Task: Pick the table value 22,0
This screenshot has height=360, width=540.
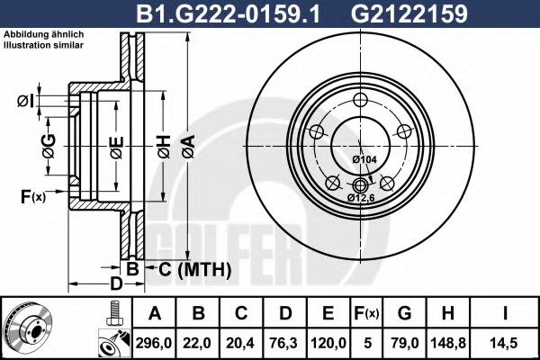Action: (x=199, y=341)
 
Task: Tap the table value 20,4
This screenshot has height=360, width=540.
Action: (x=242, y=341)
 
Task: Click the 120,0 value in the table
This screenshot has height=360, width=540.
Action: (x=329, y=341)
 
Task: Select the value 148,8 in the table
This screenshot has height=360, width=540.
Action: (x=447, y=341)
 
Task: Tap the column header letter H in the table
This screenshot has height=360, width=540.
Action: (x=447, y=313)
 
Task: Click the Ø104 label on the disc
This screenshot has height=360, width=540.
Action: (x=364, y=159)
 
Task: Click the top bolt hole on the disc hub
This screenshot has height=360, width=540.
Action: (x=360, y=100)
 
